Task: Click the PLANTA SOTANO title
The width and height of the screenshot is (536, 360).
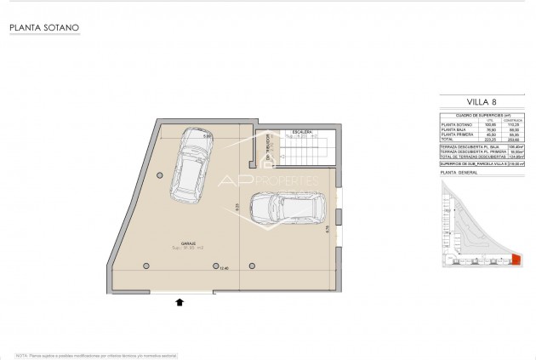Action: (x=44, y=28)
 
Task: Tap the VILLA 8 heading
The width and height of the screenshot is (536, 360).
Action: (x=481, y=103)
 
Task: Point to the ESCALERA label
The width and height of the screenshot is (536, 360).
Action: (x=303, y=133)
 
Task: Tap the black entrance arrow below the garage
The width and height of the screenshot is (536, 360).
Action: (x=180, y=300)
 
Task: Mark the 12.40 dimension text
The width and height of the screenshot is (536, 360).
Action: (x=224, y=268)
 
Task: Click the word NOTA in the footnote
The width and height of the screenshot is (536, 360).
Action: (x=22, y=353)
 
